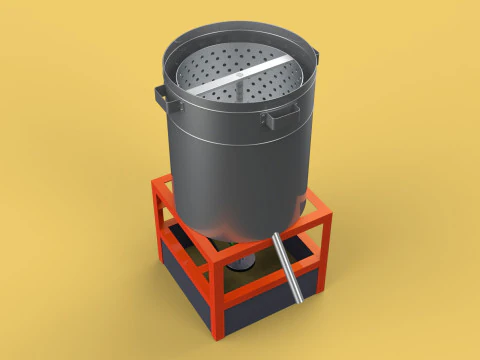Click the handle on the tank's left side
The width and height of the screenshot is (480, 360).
coord(161,98)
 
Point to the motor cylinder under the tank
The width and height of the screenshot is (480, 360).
coord(243,262)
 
